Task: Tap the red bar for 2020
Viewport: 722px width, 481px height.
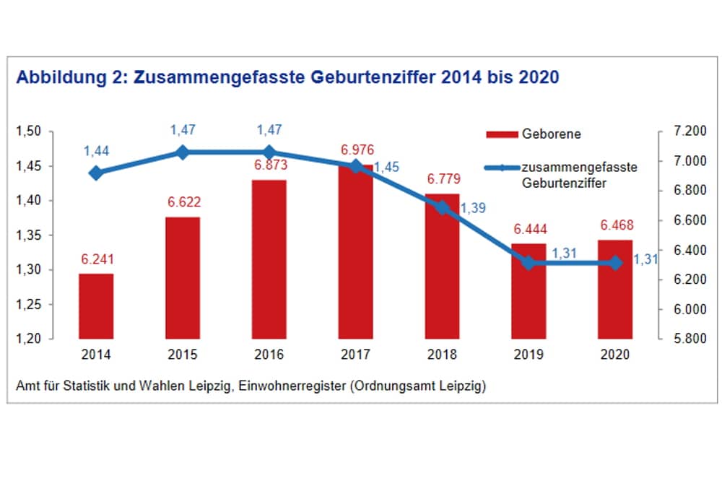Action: click(615, 289)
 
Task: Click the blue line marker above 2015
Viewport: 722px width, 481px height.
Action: click(183, 152)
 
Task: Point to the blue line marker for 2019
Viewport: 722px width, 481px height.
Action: click(529, 263)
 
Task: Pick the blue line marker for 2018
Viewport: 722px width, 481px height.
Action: click(442, 208)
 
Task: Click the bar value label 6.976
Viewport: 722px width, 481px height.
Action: click(355, 149)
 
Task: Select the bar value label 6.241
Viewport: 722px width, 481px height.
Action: click(96, 259)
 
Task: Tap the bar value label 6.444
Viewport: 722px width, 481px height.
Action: click(529, 229)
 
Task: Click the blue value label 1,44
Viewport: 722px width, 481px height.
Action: click(96, 151)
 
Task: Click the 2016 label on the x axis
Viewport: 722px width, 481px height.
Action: click(269, 355)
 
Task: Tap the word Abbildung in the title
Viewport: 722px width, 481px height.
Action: click(56, 77)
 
